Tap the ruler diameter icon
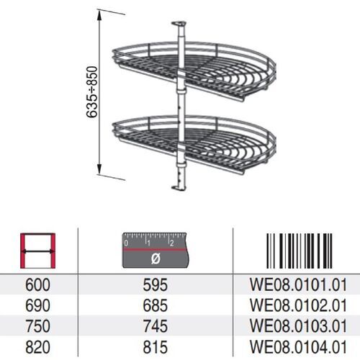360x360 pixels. coord(155,249)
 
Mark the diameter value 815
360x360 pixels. coord(155,344)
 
